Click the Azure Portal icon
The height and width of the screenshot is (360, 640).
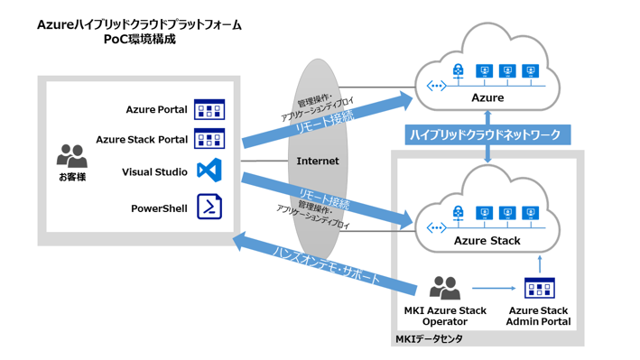coord(209,110)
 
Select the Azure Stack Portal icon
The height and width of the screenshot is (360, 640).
coord(209,140)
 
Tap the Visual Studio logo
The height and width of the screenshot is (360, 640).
coord(209,171)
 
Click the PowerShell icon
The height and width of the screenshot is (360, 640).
coord(209,208)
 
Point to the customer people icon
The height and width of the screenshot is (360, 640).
coord(71,155)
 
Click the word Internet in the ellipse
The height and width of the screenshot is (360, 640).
coord(318,162)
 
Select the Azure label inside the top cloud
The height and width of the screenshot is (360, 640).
coord(487,97)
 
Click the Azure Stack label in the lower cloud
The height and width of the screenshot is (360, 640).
coord(487,242)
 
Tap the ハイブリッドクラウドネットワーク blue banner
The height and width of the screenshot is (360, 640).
coord(486,134)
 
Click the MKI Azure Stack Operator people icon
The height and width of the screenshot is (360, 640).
coord(444,289)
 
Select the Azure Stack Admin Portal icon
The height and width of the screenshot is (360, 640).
coord(539,289)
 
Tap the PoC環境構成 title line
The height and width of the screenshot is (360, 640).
coord(139,40)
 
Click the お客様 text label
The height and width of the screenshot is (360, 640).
coord(71,177)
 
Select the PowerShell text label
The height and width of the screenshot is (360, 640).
coord(159,208)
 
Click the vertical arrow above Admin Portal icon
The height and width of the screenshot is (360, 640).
coord(539,264)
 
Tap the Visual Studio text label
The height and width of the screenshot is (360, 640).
coord(154,171)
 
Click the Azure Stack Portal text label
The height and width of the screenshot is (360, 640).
coord(141,140)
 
